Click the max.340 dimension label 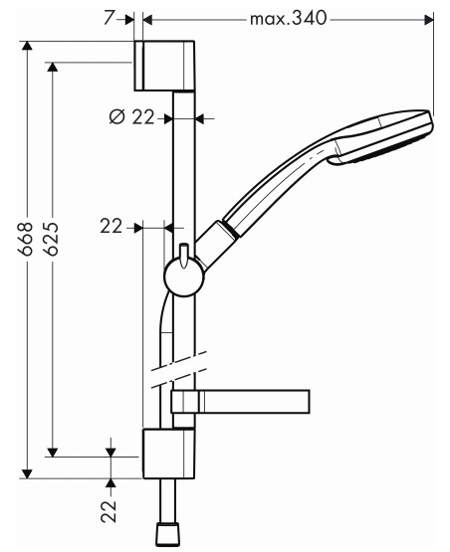tap(289, 19)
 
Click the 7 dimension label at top tap(109, 18)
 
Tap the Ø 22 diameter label tap(132, 117)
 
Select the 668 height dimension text tap(26, 239)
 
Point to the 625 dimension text tap(52, 239)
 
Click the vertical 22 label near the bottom tap(109, 511)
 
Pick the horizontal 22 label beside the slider tap(111, 227)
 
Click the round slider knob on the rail tap(183, 277)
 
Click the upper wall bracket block tap(164, 66)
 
